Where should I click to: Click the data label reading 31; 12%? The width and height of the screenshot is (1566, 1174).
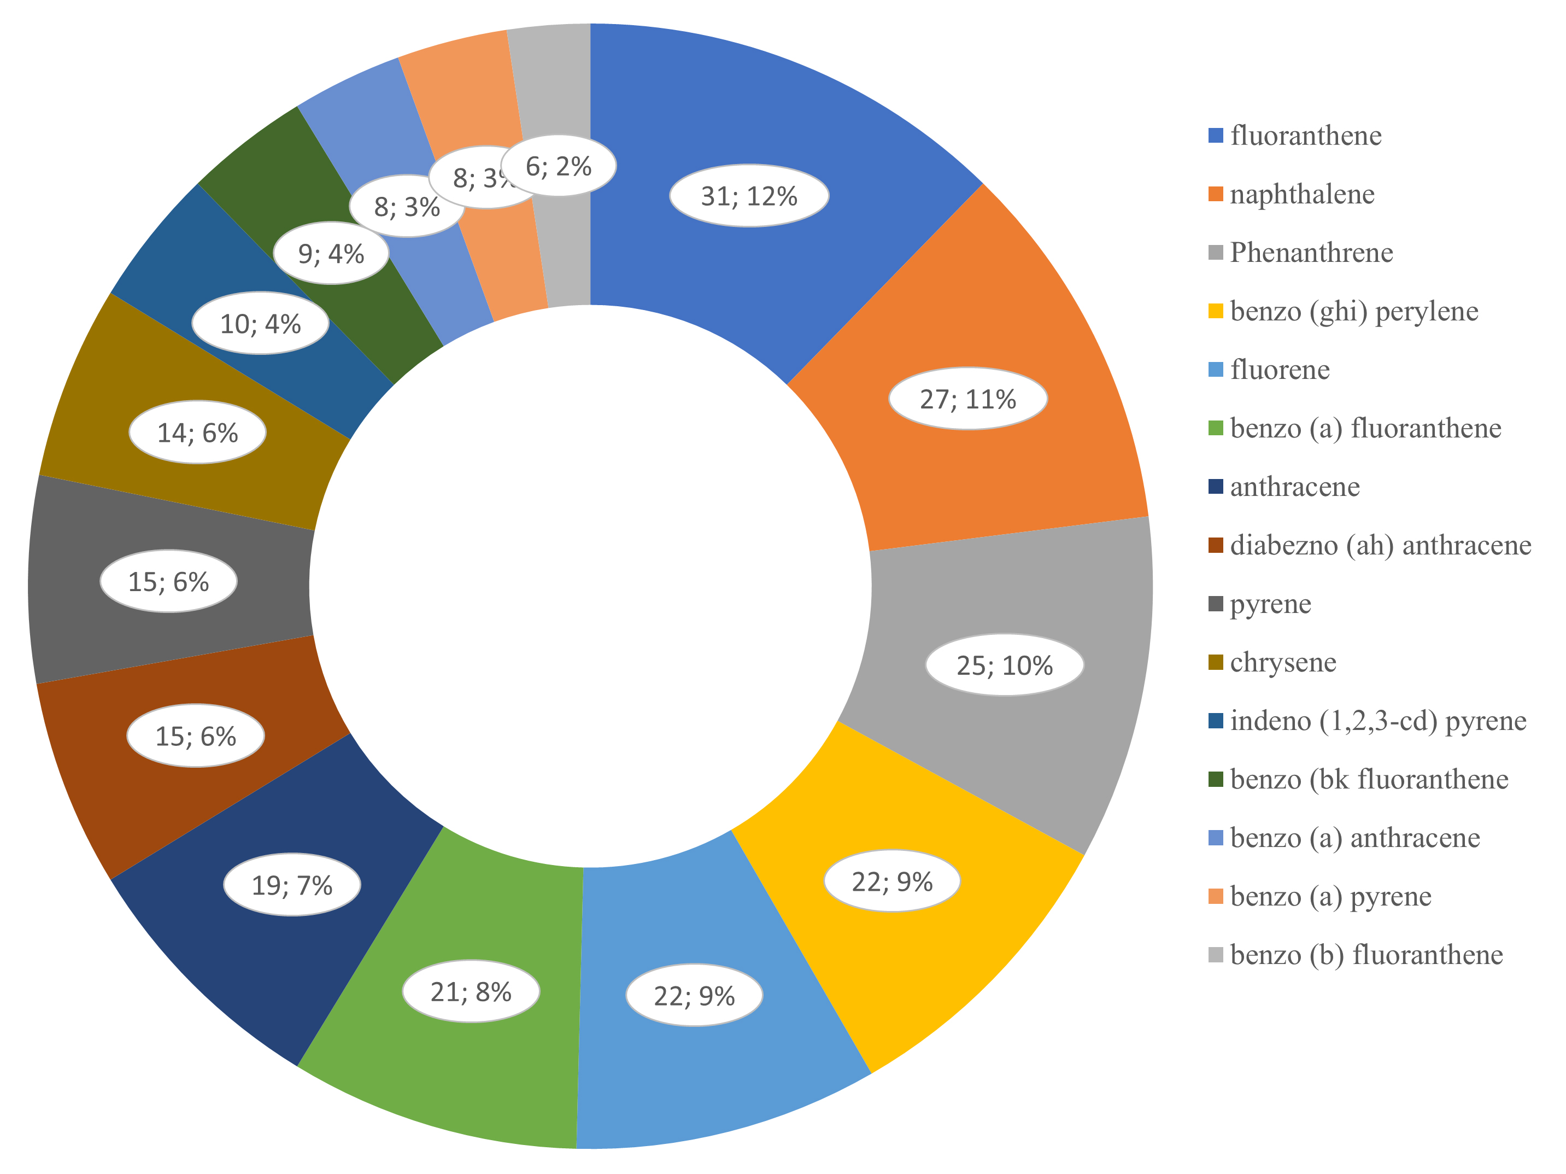click(749, 195)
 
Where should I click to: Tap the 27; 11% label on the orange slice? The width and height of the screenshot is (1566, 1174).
click(968, 399)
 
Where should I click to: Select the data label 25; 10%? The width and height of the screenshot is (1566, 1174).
click(1005, 665)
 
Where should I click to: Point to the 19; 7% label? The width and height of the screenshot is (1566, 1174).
click(292, 884)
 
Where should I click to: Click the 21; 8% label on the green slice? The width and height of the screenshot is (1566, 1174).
click(471, 991)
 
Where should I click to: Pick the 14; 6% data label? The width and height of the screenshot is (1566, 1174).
click(197, 433)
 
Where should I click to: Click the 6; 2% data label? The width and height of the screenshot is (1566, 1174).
click(559, 166)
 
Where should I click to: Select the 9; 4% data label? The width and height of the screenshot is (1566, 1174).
click(331, 254)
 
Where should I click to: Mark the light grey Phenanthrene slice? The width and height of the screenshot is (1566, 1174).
click(1019, 680)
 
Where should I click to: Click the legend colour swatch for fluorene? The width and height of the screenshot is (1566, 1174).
click(1216, 370)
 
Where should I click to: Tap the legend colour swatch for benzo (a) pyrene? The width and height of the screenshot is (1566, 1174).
click(1216, 896)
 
